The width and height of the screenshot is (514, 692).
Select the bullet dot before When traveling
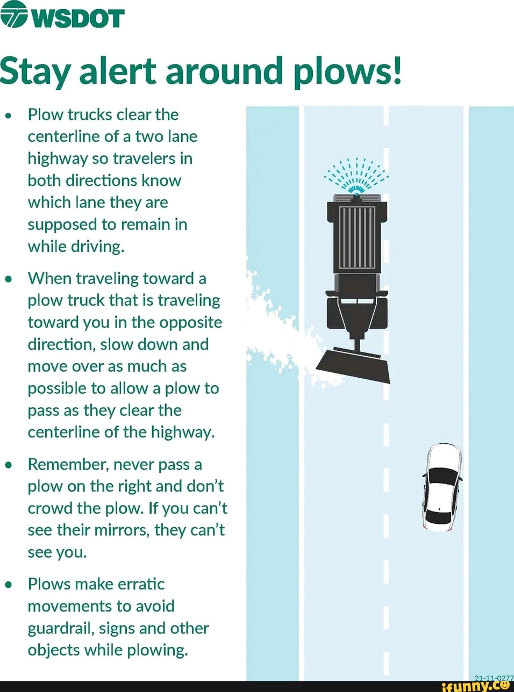8,279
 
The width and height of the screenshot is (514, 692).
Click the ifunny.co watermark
475,686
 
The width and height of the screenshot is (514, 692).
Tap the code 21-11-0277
494,678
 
